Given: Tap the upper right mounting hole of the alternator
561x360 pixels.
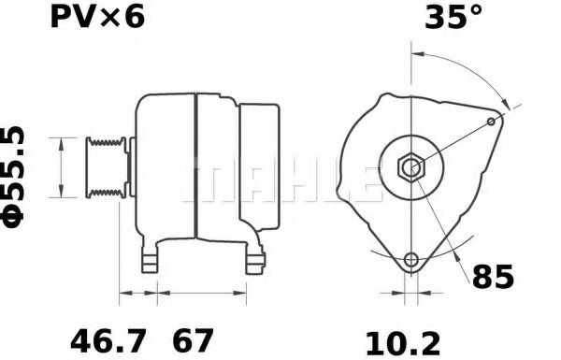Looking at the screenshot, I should click(493, 122).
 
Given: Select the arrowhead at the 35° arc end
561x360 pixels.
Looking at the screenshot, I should click(505, 104).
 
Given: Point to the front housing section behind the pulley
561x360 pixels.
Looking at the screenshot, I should click(165, 168).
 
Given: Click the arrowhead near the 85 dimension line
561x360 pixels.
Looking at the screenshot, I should click(459, 258).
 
